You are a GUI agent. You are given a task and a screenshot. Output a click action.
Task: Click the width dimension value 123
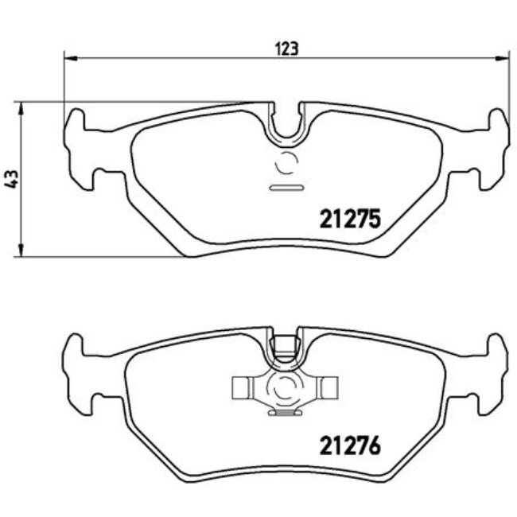[x=286, y=49]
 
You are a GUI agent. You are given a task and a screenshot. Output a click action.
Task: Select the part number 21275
[x=351, y=217]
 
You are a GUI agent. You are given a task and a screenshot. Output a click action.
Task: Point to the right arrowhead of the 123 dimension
[x=504, y=58]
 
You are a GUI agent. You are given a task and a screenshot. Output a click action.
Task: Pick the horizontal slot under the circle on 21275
[x=286, y=189]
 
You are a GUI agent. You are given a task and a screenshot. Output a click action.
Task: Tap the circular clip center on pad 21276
[x=286, y=388]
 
